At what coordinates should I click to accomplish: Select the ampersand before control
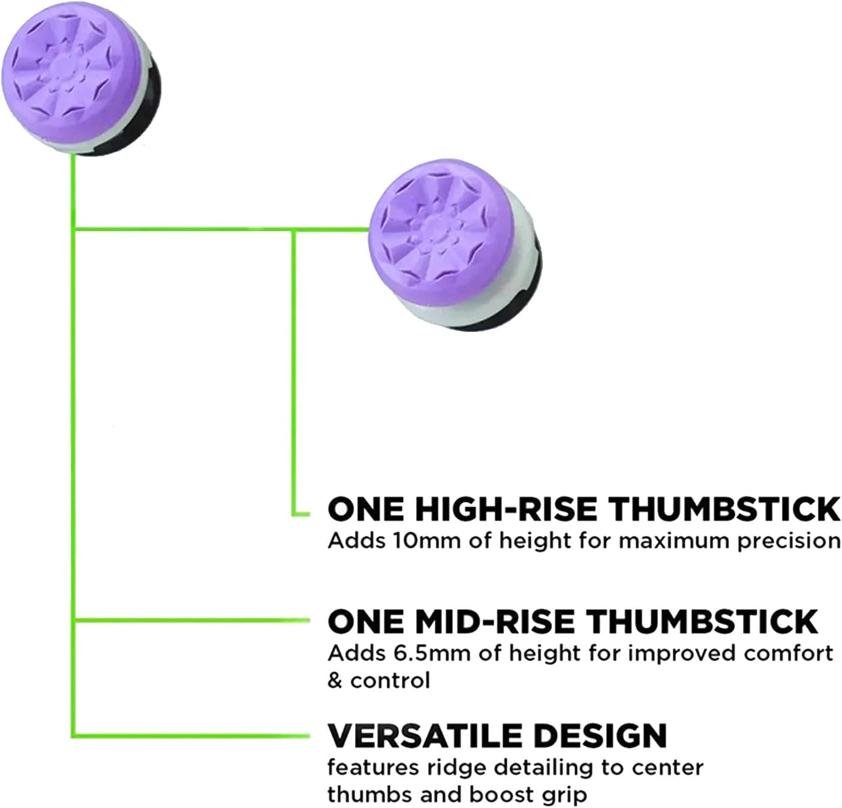[335, 681]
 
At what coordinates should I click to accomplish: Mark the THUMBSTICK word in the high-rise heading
[724, 509]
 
